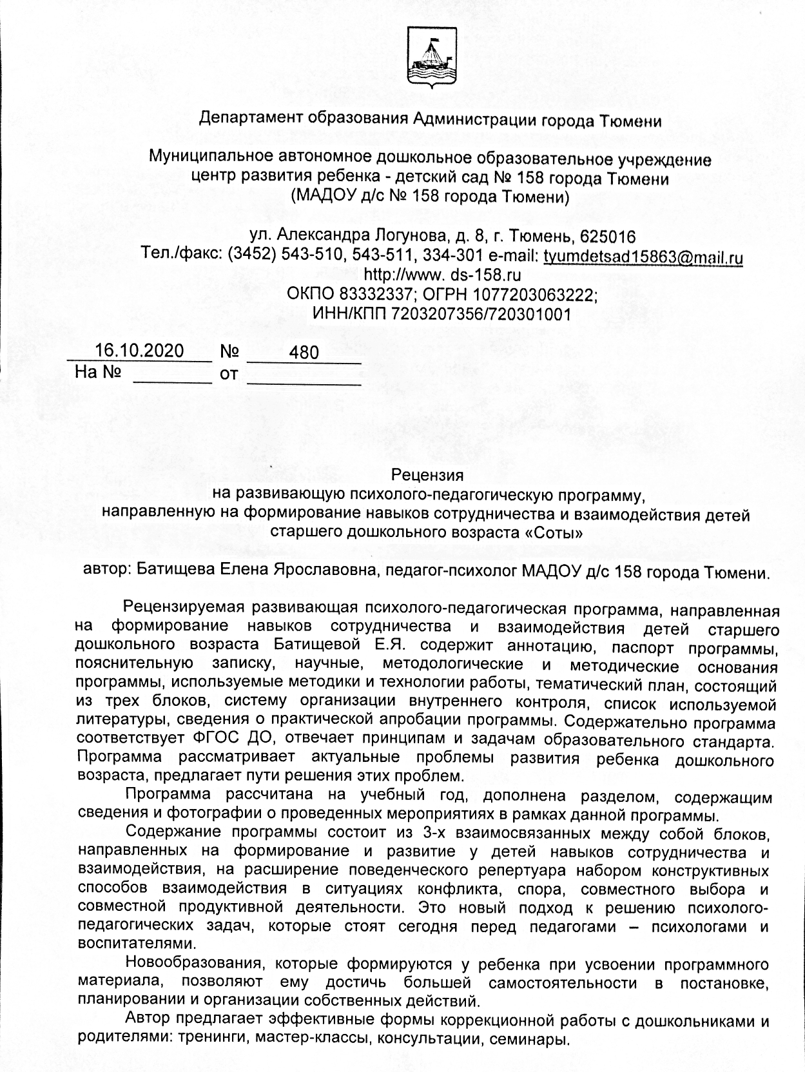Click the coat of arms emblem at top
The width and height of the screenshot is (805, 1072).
pos(430,57)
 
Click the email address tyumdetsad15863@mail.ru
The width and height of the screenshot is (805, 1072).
pos(643,257)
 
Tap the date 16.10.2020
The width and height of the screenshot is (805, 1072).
pos(139,351)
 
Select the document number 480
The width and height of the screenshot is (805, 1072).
pos(304,352)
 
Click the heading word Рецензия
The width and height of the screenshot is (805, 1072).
pos(427,476)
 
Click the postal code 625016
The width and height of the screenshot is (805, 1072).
pos(608,237)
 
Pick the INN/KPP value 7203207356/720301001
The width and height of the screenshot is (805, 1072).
pos(481,314)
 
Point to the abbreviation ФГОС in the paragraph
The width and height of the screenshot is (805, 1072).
pos(214,738)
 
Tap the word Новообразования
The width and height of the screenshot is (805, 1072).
pos(197,965)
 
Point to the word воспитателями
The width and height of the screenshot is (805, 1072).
pos(135,944)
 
